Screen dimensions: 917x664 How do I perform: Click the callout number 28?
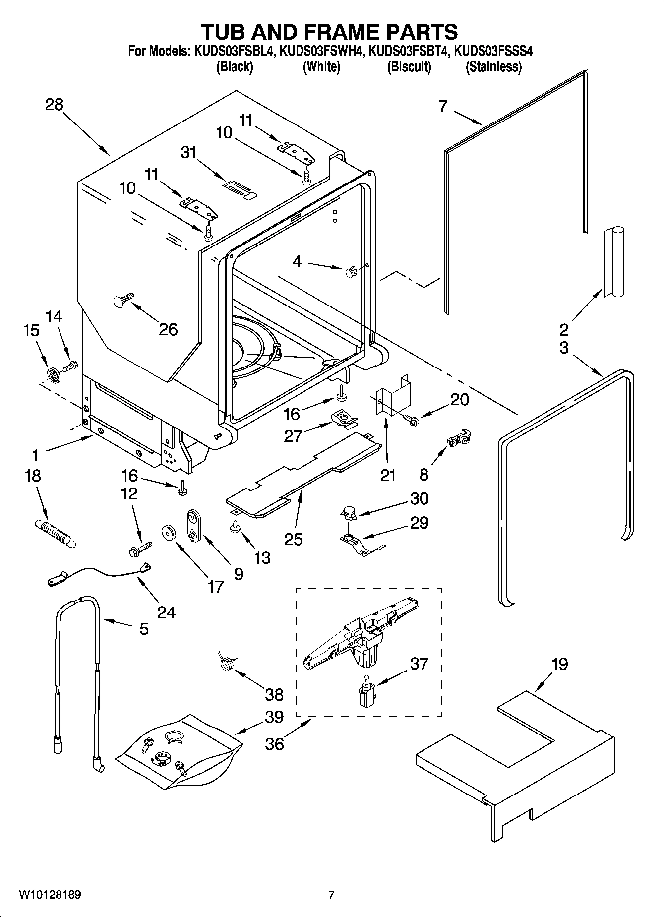(54, 105)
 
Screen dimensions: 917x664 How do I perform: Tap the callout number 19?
(559, 664)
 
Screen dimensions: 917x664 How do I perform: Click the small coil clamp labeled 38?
(227, 663)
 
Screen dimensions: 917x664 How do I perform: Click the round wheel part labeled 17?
(170, 533)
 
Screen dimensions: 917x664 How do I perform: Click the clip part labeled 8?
(459, 438)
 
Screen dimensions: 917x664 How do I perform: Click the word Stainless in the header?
(493, 67)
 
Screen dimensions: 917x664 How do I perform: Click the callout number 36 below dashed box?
(274, 743)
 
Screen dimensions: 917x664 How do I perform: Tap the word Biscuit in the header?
(409, 67)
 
